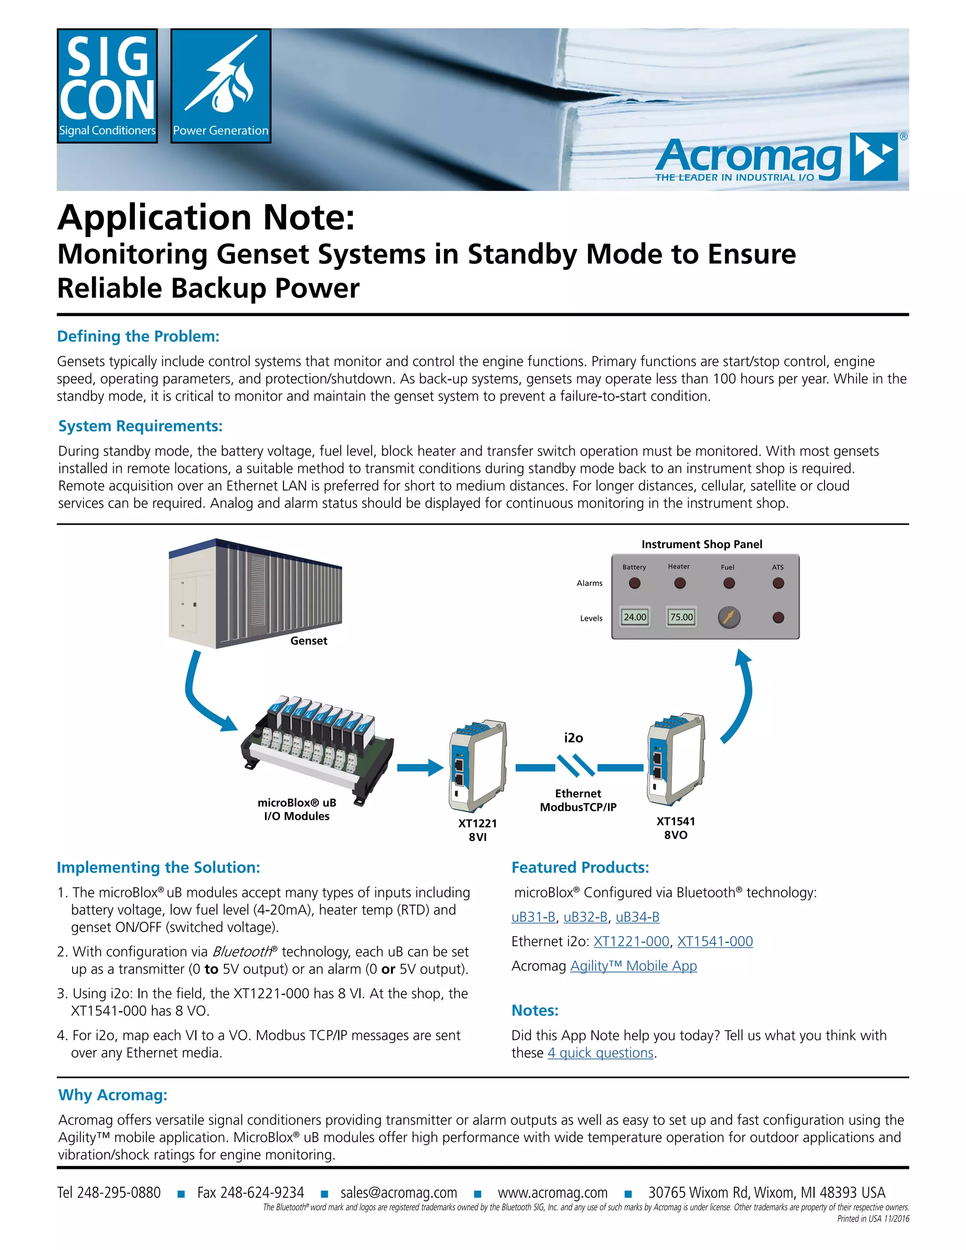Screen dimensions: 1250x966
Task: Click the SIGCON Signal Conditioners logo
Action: pos(107,86)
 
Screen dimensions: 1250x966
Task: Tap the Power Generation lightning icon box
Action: pos(220,86)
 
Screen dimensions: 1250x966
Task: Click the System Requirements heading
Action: pos(140,426)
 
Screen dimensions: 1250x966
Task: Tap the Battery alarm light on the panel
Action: pos(634,583)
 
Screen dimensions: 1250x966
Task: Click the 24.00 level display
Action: pos(635,617)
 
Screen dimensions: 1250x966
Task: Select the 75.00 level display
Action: pos(681,617)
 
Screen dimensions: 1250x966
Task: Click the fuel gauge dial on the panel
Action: pos(728,617)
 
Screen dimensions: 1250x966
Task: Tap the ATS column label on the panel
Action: pos(778,567)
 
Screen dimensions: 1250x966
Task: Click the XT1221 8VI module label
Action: pos(477,830)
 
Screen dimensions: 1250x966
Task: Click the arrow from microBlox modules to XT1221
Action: pos(420,767)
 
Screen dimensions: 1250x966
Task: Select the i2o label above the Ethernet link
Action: pos(574,738)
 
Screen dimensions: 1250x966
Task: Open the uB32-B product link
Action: pos(585,917)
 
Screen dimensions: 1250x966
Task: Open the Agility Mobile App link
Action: pos(633,966)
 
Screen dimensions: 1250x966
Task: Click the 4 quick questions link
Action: pos(600,1053)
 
